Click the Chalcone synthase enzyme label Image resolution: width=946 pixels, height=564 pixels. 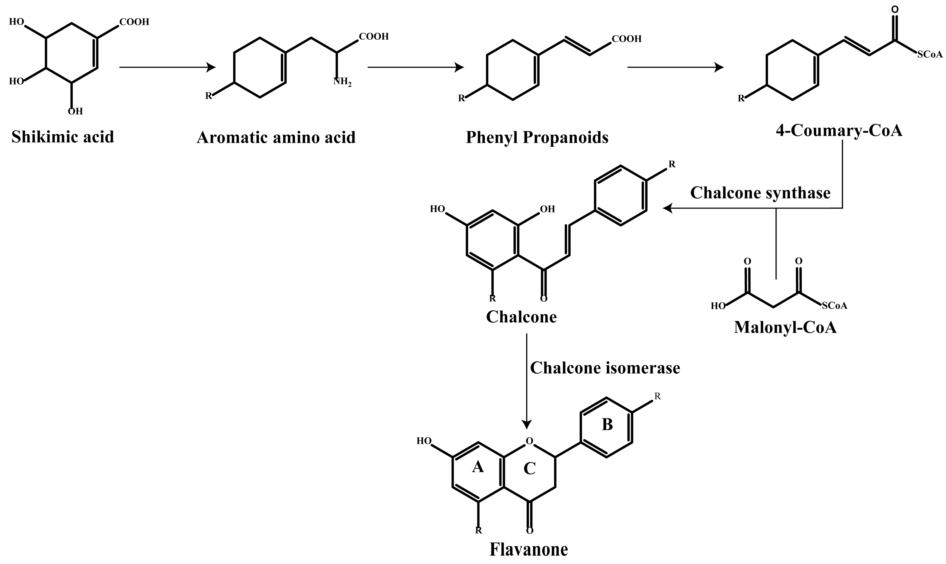pos(760,193)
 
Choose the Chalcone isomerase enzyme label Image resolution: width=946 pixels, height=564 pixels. pos(605,368)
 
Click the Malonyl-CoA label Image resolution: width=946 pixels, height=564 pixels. pos(785,327)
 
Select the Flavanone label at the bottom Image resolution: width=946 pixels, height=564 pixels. pos(529,549)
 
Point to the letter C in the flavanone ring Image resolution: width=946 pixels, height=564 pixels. pos(529,469)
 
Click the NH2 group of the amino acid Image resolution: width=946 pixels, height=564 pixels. pos(342,82)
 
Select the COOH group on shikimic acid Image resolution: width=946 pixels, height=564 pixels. pos(134,22)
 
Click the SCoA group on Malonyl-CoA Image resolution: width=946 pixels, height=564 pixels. pos(835,306)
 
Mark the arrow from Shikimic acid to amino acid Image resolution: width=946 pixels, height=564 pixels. pos(167,67)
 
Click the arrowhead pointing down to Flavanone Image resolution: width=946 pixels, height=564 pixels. pos(527,424)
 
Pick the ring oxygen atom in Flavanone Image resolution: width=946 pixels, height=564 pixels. pos(529,441)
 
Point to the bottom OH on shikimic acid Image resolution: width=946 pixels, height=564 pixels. pos(75,111)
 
